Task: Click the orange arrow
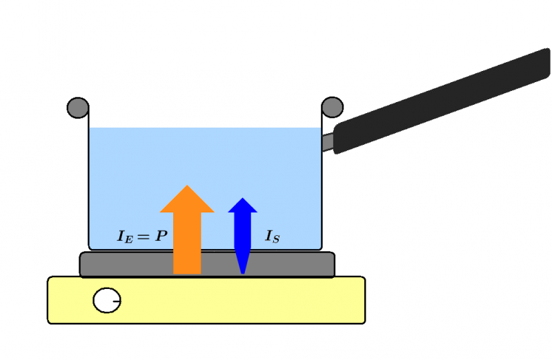tap(187, 234)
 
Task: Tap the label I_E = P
tap(141, 237)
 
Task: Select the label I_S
tap(273, 237)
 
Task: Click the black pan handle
tap(442, 100)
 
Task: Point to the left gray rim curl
tap(77, 108)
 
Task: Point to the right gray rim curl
tap(333, 107)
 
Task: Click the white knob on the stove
tap(106, 301)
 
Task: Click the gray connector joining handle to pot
tap(328, 142)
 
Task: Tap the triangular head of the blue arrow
tap(242, 205)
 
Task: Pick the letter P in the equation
tap(161, 237)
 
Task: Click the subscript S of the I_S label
tap(277, 239)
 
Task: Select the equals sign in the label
tap(145, 237)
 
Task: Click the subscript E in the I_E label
tap(128, 239)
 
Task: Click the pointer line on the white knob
tap(115, 301)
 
